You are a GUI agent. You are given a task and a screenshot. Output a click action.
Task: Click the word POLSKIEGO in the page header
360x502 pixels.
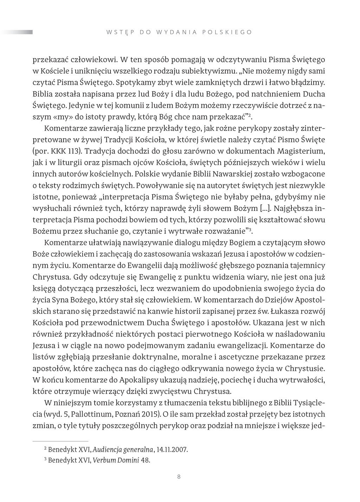coord(227,32)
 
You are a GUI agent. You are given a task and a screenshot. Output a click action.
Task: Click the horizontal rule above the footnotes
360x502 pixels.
coord(60,441)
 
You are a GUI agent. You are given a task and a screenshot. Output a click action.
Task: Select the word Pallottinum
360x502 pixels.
coord(88,414)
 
